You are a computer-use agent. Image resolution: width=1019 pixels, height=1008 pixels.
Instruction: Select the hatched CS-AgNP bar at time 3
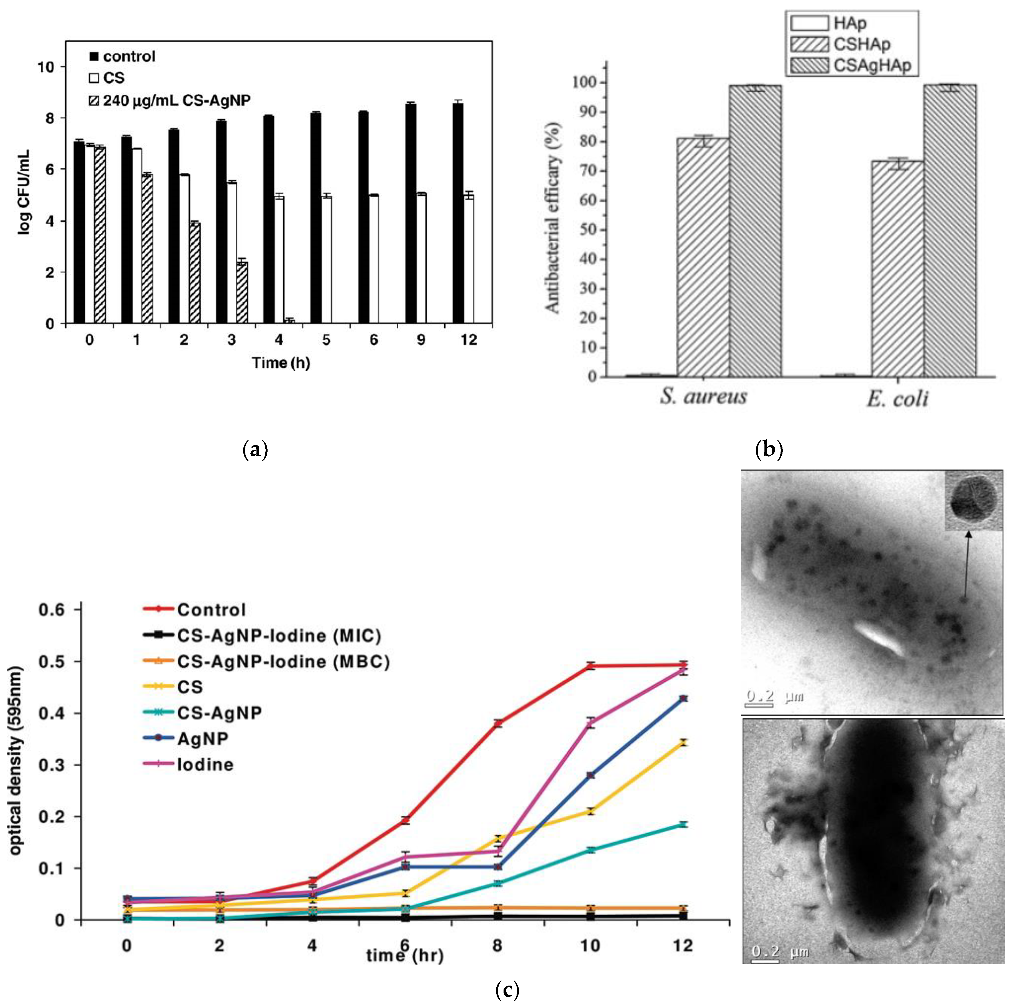point(242,293)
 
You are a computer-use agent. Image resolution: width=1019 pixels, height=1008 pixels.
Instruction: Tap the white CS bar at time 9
point(421,258)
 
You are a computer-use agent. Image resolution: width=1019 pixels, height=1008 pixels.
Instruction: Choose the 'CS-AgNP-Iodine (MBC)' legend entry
point(266,661)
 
